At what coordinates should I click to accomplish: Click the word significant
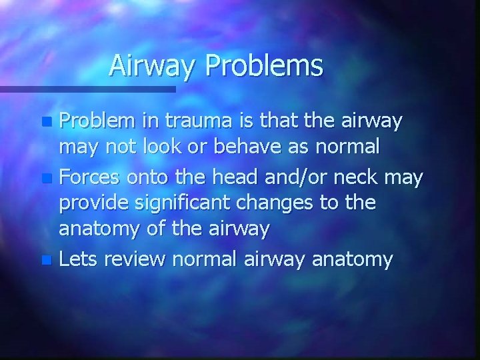point(191,203)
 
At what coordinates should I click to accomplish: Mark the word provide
point(93,203)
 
